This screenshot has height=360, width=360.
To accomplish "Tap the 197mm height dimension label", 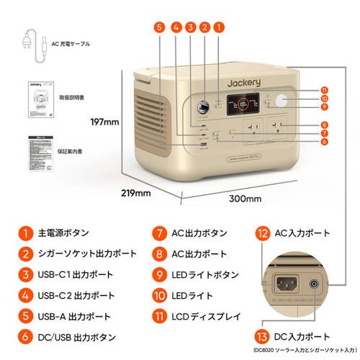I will coord(104,122).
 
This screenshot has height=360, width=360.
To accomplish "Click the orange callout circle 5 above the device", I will coord(159,27).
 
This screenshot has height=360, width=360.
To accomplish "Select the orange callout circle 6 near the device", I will coord(325,142).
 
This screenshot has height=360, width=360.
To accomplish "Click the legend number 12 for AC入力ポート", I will coord(263,233).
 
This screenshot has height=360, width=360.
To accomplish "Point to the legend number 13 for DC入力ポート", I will coord(263,337).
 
